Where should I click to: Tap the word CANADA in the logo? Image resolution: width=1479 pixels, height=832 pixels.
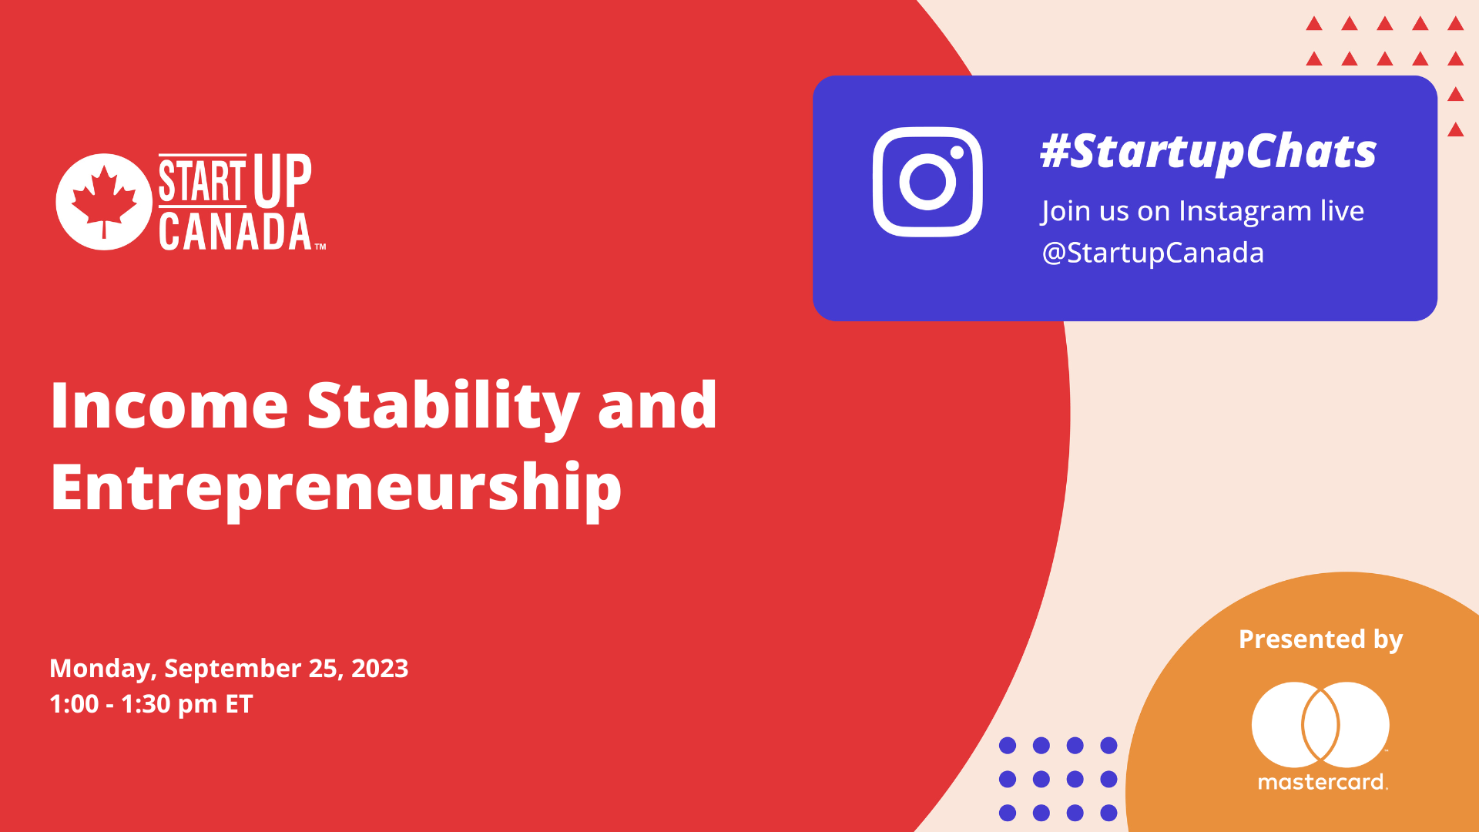pos(235,232)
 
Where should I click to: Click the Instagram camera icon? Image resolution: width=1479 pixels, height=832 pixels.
pos(927,182)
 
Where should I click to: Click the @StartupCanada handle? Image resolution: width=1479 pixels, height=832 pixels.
pos(1152,253)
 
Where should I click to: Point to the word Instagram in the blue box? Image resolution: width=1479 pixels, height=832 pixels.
pos(1245,212)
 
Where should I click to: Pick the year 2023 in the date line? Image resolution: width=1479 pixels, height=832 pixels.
pos(380,668)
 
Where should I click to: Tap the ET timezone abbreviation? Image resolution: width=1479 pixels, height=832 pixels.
pos(239,704)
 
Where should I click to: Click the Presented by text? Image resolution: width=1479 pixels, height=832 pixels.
pos(1320,640)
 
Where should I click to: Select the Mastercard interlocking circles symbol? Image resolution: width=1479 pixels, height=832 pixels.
pos(1320,725)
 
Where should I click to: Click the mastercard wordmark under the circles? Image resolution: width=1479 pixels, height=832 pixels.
pos(1323,783)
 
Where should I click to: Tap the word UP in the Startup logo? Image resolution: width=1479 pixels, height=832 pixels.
pos(282,181)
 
